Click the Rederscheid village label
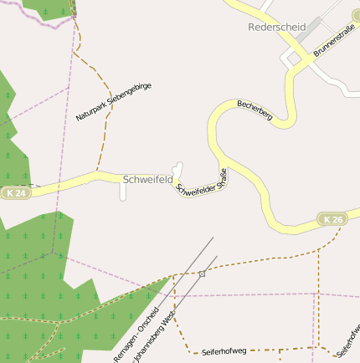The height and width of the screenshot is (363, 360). pyautogui.click(x=276, y=27)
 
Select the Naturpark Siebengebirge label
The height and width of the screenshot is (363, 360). pyautogui.click(x=113, y=102)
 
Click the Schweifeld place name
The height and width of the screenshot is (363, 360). pyautogui.click(x=147, y=179)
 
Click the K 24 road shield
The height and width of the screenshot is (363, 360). pyautogui.click(x=15, y=193)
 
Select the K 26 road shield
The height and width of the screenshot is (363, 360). pyautogui.click(x=332, y=219)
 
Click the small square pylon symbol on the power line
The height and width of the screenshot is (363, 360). pyautogui.click(x=202, y=274)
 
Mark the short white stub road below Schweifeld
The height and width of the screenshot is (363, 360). pyautogui.click(x=123, y=192)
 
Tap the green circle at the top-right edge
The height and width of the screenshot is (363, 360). pyautogui.click(x=355, y=18)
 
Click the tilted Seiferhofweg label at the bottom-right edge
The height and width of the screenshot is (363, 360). pyautogui.click(x=346, y=338)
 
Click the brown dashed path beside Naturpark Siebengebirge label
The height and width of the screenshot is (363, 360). pyautogui.click(x=104, y=134)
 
